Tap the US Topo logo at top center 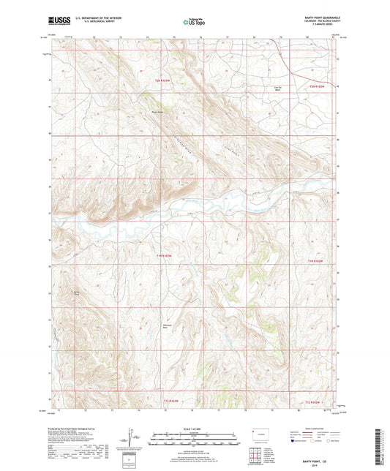pyautogui.click(x=193, y=23)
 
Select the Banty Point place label pyautogui.click(x=73, y=293)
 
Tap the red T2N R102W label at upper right pyautogui.click(x=315, y=87)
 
